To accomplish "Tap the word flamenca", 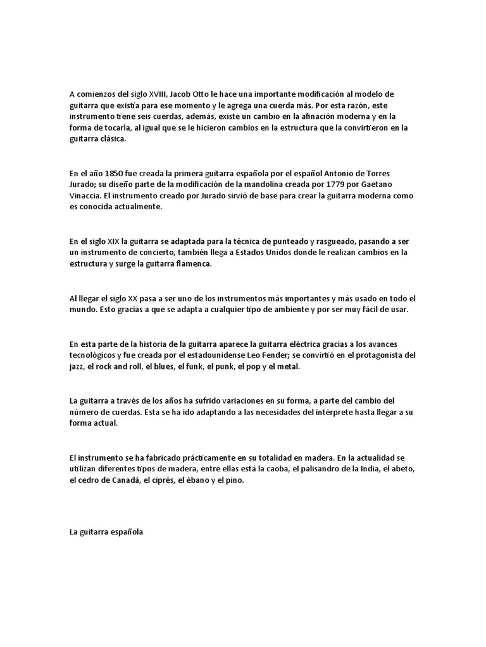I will point(192,264).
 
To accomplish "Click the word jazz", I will point(77,366).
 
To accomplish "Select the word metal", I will point(290,366).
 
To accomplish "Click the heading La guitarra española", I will point(106,532).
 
